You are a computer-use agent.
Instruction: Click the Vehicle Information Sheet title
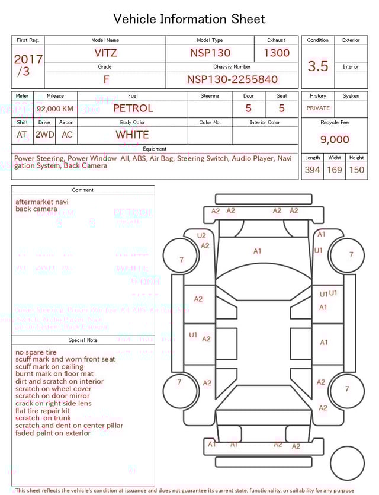pos(189,19)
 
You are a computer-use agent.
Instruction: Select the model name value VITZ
pos(105,53)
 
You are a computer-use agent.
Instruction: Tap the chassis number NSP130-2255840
pos(232,79)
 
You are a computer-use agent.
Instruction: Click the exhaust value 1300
pos(277,53)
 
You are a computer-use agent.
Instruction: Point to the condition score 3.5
pos(318,66)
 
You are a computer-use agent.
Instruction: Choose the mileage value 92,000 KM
pos(55,108)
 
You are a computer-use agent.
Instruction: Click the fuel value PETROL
pos(133,108)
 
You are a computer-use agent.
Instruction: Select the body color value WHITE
pos(132,135)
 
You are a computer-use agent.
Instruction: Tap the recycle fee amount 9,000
pos(335,139)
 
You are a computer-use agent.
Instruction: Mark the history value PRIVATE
pos(318,108)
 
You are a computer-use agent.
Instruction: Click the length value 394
pos(312,170)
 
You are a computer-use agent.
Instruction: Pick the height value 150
pos(356,170)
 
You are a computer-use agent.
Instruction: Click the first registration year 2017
pos(28,59)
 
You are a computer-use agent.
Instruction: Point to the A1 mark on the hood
pos(257,251)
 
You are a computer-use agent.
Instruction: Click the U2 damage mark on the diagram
pos(201,235)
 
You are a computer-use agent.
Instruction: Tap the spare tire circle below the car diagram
pos(348,462)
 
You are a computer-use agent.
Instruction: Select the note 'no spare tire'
pos(36,352)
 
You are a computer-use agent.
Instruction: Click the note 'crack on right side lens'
pos(53,403)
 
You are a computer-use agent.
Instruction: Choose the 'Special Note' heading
pos(83,340)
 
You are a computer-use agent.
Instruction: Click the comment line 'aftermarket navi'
pos(41,202)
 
